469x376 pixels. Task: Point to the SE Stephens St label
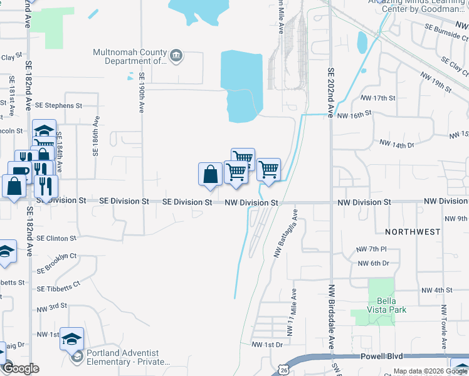[x=60, y=106]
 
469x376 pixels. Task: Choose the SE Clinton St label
[x=56, y=239]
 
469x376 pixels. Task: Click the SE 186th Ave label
[x=96, y=136]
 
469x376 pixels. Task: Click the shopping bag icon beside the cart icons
[x=210, y=175]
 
